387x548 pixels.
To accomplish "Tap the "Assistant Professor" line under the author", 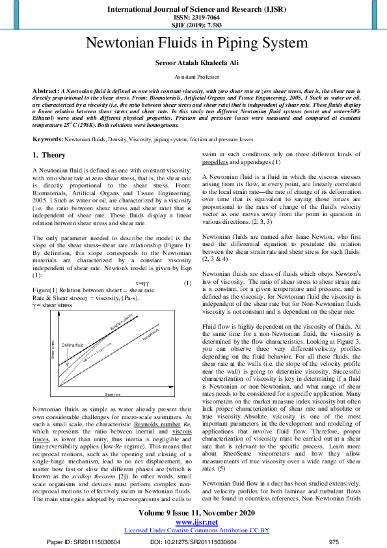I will (193, 75).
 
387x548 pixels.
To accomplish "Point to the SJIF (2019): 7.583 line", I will (193, 27).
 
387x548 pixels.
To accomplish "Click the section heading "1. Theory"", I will (49, 156).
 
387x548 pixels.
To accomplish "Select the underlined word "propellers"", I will (215, 161).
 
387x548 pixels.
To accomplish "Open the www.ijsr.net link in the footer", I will (193, 522).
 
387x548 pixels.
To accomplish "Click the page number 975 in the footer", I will (334, 541).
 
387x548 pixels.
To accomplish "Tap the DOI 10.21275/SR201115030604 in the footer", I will (193, 541).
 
